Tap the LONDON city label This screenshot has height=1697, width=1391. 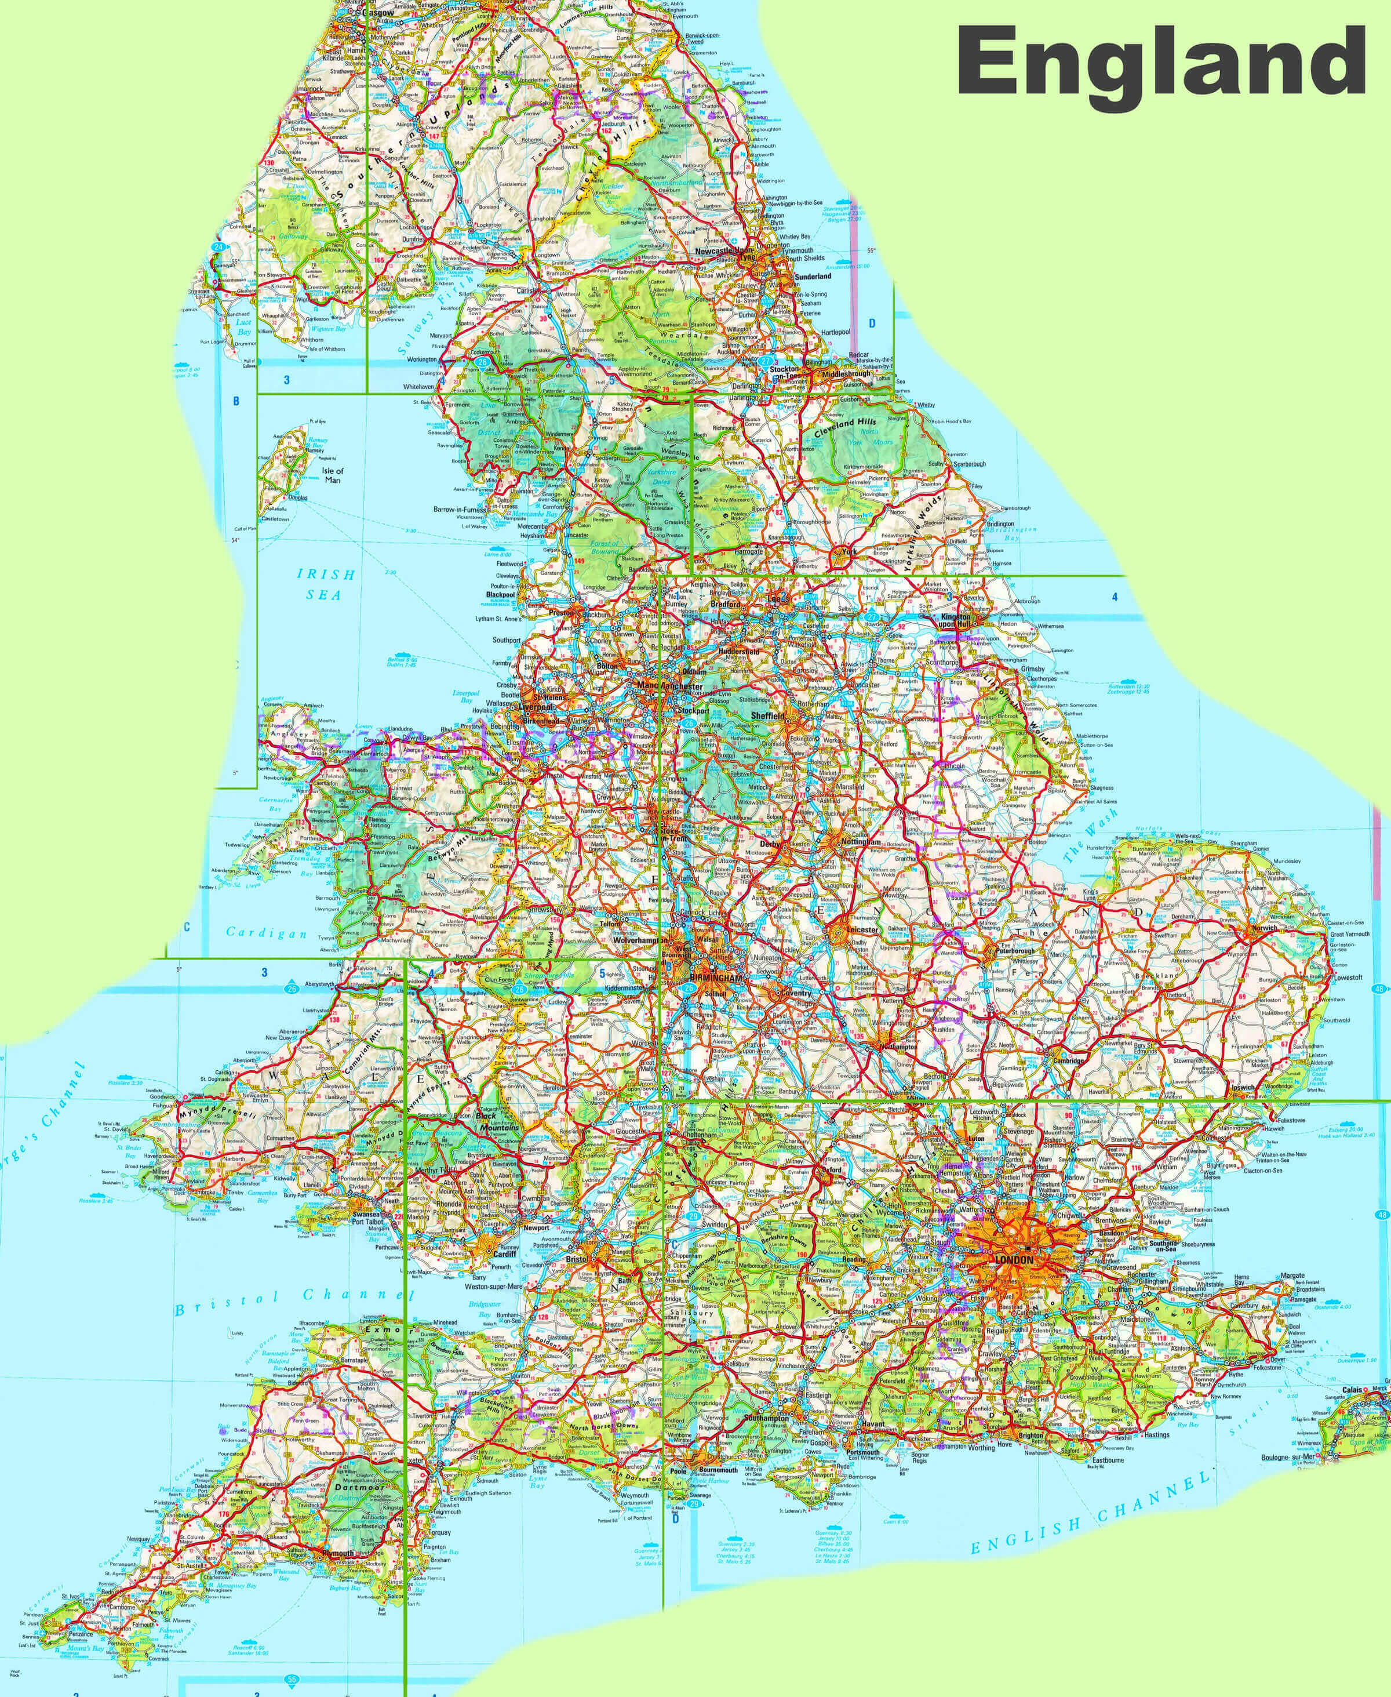[1014, 1260]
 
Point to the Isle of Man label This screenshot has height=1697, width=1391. [333, 475]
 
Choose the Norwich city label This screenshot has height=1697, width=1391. [1265, 928]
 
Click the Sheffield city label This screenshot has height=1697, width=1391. [767, 715]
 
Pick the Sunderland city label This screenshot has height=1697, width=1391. [813, 276]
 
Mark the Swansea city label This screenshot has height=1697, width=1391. [365, 1215]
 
